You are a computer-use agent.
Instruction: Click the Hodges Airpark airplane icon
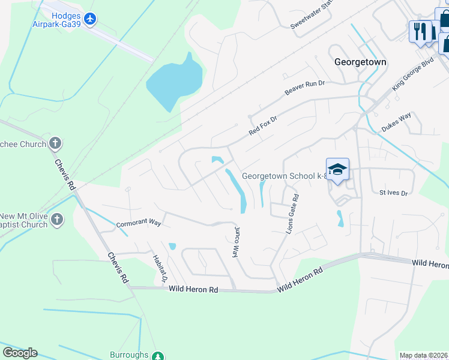(90, 19)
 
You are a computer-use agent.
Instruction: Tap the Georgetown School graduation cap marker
(337, 169)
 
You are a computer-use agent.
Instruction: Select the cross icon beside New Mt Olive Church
(57, 219)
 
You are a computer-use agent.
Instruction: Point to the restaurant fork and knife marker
(420, 30)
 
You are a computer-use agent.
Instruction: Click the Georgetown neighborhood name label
(360, 62)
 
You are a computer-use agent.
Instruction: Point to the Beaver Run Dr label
(304, 88)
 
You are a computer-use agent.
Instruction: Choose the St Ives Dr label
(393, 193)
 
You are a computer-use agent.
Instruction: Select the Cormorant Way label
(139, 223)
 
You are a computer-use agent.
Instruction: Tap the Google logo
(20, 352)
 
